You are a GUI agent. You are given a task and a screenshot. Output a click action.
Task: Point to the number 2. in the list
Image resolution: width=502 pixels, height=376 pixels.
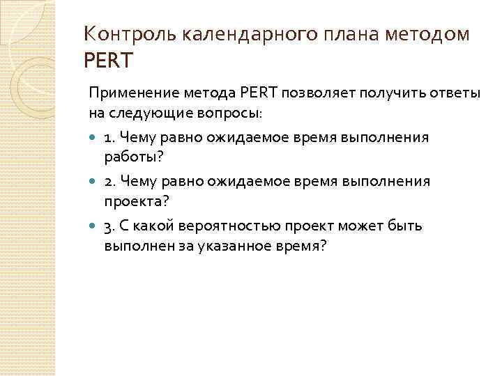coord(109,182)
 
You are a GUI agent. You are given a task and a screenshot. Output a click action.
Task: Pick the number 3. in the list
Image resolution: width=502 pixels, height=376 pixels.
coord(109,226)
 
